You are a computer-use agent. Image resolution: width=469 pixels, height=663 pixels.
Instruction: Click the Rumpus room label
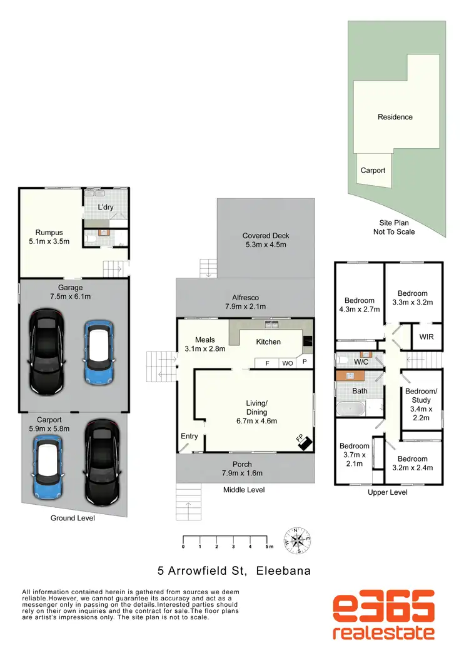pos(48,233)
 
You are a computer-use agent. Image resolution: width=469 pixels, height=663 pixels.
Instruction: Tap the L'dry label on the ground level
pos(106,207)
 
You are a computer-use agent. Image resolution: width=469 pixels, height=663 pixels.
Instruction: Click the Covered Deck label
pos(266,236)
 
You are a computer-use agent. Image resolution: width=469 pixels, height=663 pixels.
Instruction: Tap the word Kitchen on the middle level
pos(268,342)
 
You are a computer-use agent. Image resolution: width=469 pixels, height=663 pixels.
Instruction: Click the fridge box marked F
pos(267,363)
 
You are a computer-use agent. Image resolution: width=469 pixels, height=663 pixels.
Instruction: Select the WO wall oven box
pos(288,363)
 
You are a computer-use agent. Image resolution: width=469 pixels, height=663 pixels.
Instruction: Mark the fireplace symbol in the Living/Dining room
pos(305,442)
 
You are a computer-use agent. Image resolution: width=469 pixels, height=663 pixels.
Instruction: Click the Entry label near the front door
pos(189,436)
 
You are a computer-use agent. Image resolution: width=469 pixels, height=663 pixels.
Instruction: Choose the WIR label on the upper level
pos(426,337)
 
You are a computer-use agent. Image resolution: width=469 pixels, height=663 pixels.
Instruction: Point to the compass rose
pos(298,540)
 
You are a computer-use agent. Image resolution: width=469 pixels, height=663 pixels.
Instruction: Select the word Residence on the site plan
pos(395,117)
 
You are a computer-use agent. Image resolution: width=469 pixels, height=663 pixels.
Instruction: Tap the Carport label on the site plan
pos(373,170)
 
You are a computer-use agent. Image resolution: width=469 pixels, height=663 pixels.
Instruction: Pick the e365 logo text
pos(383,607)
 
